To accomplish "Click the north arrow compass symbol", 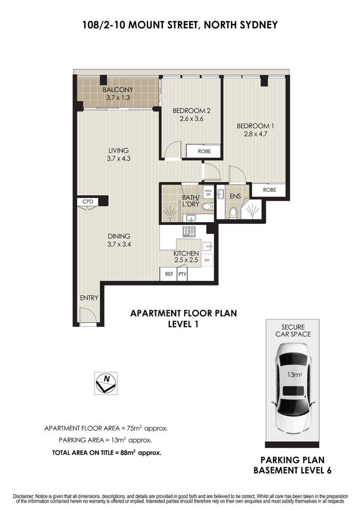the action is click(106, 383).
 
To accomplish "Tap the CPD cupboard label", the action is click(88, 202).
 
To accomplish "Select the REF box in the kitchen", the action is click(168, 274).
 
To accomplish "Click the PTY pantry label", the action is click(182, 274).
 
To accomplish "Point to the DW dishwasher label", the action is click(207, 260).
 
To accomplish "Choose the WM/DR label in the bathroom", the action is click(208, 192).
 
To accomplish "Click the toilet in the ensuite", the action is click(233, 213).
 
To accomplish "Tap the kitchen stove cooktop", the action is click(189, 232).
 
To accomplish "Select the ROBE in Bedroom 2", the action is click(204, 151).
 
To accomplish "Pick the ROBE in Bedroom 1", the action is click(269, 190).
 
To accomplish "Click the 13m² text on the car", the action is click(294, 375).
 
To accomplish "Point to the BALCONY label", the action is click(118, 90).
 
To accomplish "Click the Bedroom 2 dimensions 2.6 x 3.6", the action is click(192, 119).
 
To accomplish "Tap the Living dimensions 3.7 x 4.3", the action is click(118, 159).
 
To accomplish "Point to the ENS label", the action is click(235, 196).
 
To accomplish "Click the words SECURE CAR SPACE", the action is click(293, 331).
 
